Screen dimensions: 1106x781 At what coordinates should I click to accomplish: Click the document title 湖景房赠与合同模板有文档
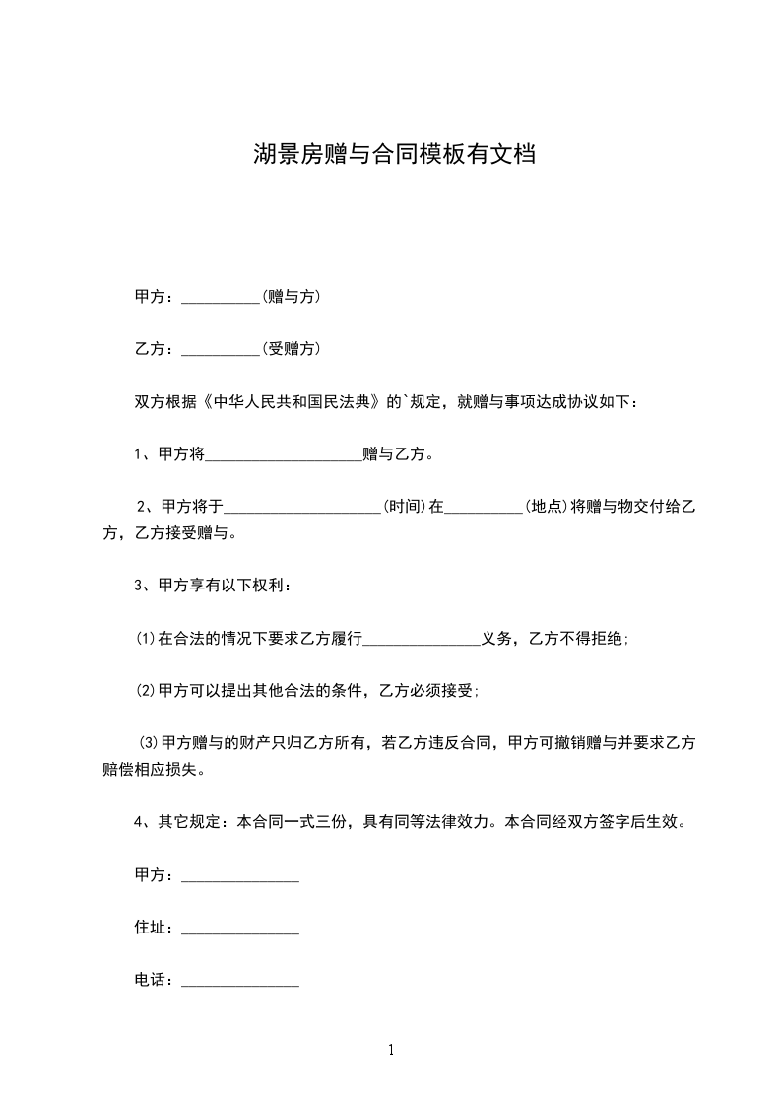pyautogui.click(x=394, y=155)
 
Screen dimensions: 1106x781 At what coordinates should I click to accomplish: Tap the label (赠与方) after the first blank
pyautogui.click(x=291, y=296)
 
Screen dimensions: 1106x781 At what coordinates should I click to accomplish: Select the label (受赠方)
pyautogui.click(x=291, y=348)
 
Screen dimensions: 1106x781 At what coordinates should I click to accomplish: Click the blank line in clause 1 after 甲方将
pyautogui.click(x=283, y=456)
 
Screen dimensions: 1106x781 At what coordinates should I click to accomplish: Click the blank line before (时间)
pyautogui.click(x=303, y=510)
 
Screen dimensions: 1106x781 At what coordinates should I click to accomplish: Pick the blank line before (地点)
pyautogui.click(x=485, y=510)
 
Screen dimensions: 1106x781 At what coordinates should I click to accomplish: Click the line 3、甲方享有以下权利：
pyautogui.click(x=212, y=586)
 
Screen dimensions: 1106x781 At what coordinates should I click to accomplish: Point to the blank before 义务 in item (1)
pyautogui.click(x=422, y=642)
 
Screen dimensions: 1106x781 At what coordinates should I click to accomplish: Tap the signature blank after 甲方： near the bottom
pyautogui.click(x=240, y=877)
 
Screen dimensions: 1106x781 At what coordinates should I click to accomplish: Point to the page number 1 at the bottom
pyautogui.click(x=391, y=1050)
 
